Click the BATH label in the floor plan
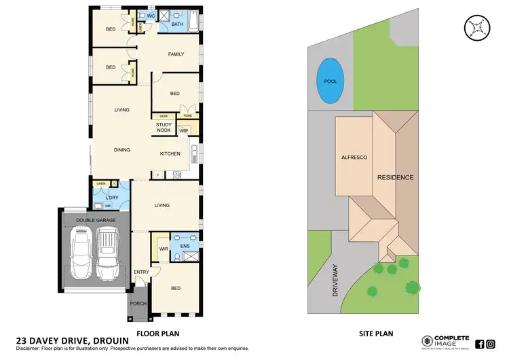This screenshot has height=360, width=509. [176, 24]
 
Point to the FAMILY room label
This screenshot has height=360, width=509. [176, 54]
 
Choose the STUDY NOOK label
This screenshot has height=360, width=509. [164, 128]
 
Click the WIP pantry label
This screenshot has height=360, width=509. [183, 130]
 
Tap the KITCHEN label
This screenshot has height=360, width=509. [170, 154]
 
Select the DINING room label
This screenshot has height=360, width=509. [122, 150]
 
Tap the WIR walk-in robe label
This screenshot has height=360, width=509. [163, 249]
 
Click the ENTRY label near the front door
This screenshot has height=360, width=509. [141, 272]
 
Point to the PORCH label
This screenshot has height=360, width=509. [138, 304]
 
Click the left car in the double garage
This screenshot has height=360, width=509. [81, 253]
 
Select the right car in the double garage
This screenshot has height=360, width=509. [107, 253]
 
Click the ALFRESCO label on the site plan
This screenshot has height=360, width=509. [354, 157]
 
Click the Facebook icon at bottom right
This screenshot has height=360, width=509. [480, 344]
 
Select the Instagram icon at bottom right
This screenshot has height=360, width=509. [491, 344]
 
